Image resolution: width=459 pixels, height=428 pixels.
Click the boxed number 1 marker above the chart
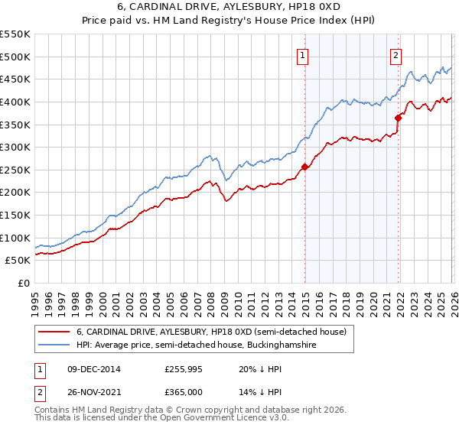303,54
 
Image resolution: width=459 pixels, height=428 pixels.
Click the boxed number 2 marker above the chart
396,54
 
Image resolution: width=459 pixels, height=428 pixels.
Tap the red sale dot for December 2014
304,167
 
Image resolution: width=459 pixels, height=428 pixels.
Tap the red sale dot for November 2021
399,117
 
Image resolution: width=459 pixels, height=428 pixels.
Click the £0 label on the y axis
23,283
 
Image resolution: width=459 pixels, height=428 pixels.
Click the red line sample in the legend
54,332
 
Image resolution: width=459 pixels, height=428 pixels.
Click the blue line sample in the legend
54,345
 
